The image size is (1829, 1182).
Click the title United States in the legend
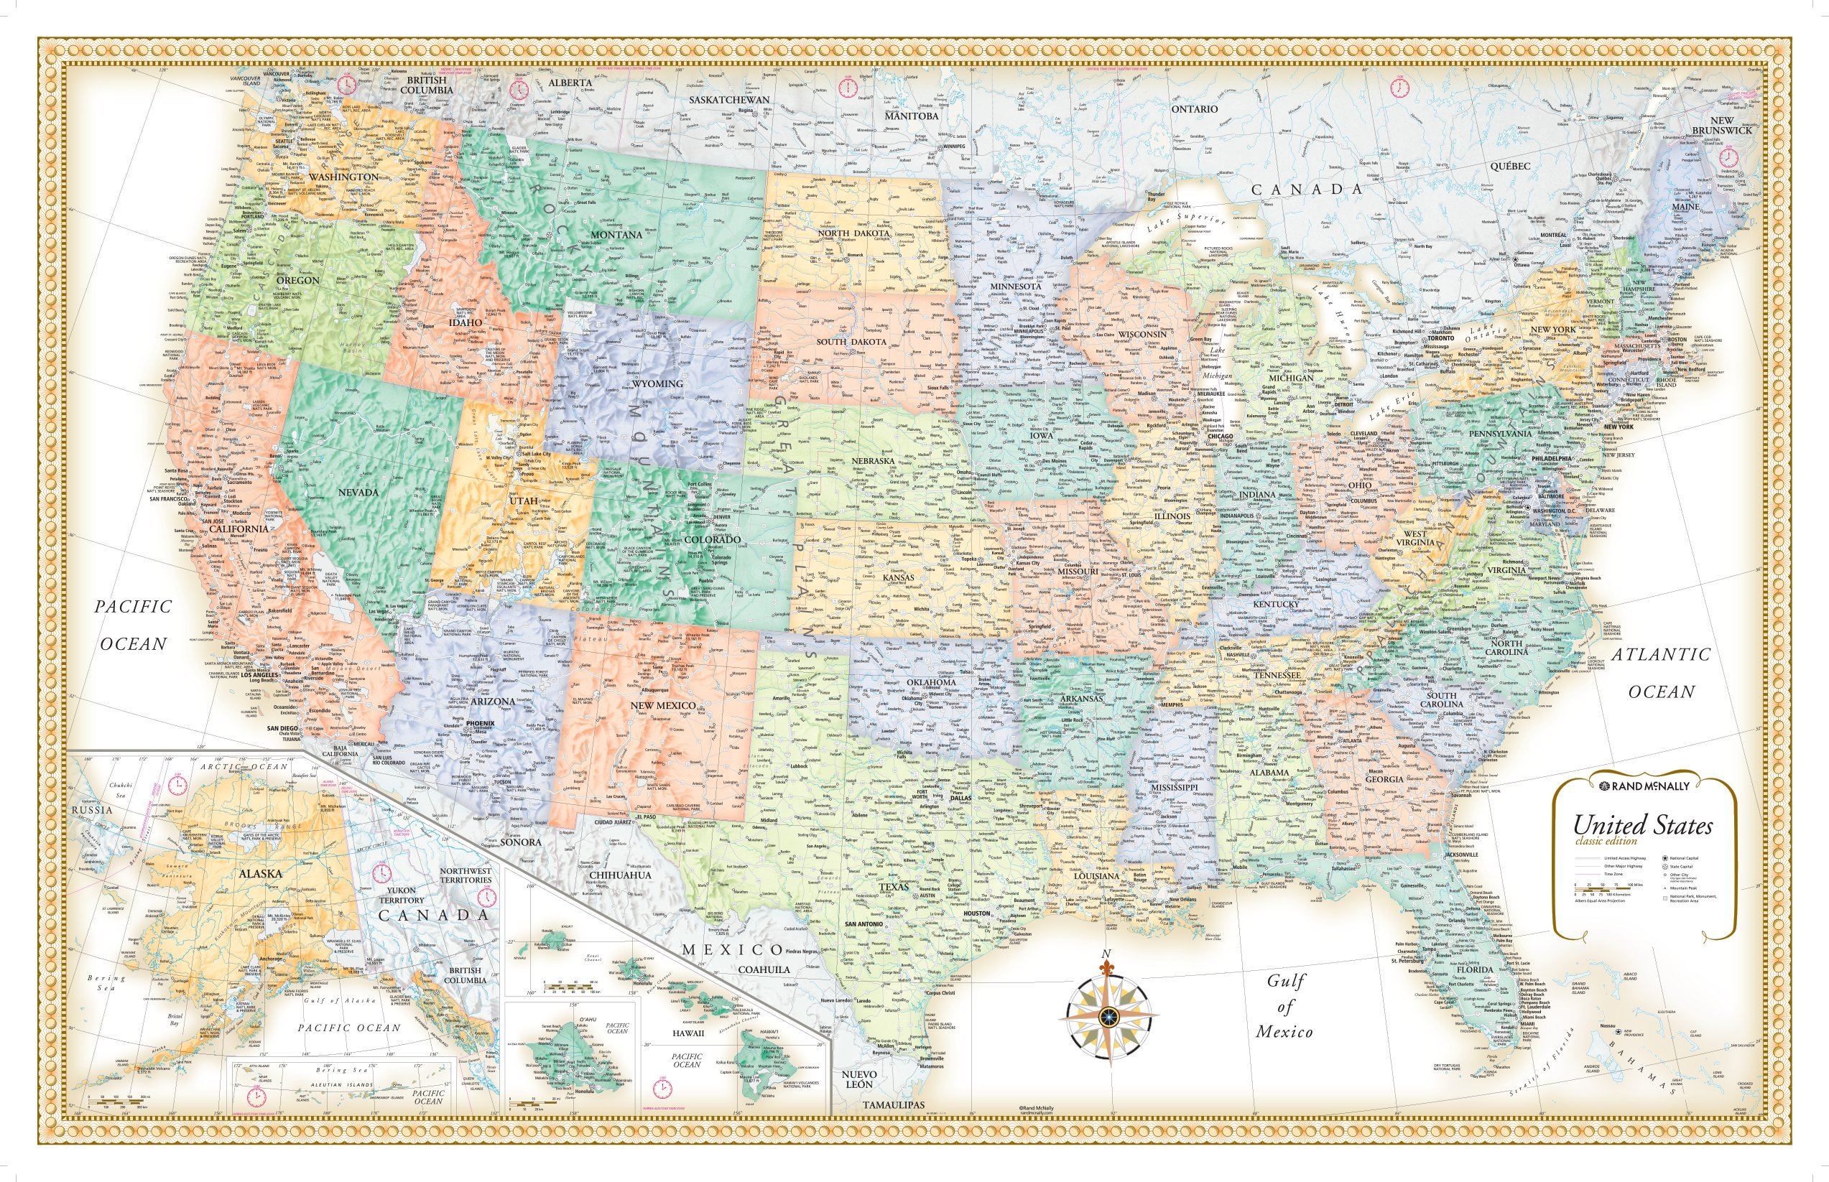pos(1642,826)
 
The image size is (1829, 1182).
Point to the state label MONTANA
pos(616,235)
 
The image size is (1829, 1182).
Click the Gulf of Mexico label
pos(1284,1006)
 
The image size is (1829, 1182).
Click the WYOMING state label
pos(657,383)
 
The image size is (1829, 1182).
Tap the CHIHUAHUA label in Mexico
pos(621,874)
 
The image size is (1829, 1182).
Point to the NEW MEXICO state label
pos(662,705)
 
